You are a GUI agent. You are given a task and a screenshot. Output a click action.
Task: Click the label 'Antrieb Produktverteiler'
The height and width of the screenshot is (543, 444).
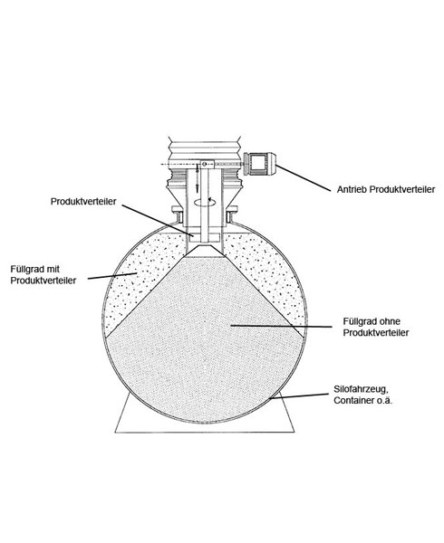coord(386,189)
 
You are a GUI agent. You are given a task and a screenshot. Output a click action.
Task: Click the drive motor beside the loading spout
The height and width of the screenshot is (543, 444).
coord(260,163)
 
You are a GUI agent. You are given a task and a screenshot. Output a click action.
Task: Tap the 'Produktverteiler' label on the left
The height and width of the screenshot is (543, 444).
coord(83,202)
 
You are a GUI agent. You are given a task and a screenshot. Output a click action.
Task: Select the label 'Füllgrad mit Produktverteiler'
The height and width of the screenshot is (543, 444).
coord(43,274)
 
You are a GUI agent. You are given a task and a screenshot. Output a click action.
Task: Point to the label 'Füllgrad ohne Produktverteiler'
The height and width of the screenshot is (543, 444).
coord(376,327)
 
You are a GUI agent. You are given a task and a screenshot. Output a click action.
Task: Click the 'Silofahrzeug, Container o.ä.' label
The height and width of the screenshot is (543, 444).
coord(362,395)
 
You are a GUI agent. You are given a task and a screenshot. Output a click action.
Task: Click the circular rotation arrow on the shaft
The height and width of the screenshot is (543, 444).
coord(203,202)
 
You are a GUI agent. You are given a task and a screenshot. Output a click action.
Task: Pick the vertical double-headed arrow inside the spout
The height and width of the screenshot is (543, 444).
coord(197,177)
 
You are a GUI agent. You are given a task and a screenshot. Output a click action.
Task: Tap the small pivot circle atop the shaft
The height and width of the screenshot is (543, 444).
coord(204,164)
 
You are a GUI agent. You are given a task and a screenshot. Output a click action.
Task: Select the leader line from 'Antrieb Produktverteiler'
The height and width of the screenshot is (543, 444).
coord(304,178)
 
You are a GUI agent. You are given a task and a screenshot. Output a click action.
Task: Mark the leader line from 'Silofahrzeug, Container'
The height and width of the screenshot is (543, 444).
coord(299,396)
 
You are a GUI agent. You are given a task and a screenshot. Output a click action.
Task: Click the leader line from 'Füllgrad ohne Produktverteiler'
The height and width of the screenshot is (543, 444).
coord(282,326)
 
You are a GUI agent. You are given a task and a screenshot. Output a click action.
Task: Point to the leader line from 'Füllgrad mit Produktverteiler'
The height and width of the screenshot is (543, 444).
coord(112,276)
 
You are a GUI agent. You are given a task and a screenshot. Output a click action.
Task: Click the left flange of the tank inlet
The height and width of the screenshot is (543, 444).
coord(177,214)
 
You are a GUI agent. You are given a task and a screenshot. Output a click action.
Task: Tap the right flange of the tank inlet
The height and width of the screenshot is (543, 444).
coord(232,214)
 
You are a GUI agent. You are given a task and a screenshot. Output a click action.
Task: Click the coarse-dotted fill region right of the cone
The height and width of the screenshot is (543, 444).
coord(267,273)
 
